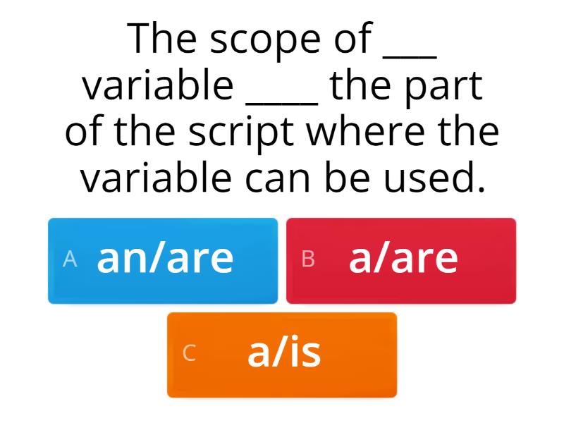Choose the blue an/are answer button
tap(163, 261)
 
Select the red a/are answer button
tap(401, 261)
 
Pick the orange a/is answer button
tap(282, 355)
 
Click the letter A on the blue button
tap(69, 259)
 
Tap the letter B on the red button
tap(308, 259)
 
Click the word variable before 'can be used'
tap(157, 178)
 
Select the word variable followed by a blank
tap(158, 86)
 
